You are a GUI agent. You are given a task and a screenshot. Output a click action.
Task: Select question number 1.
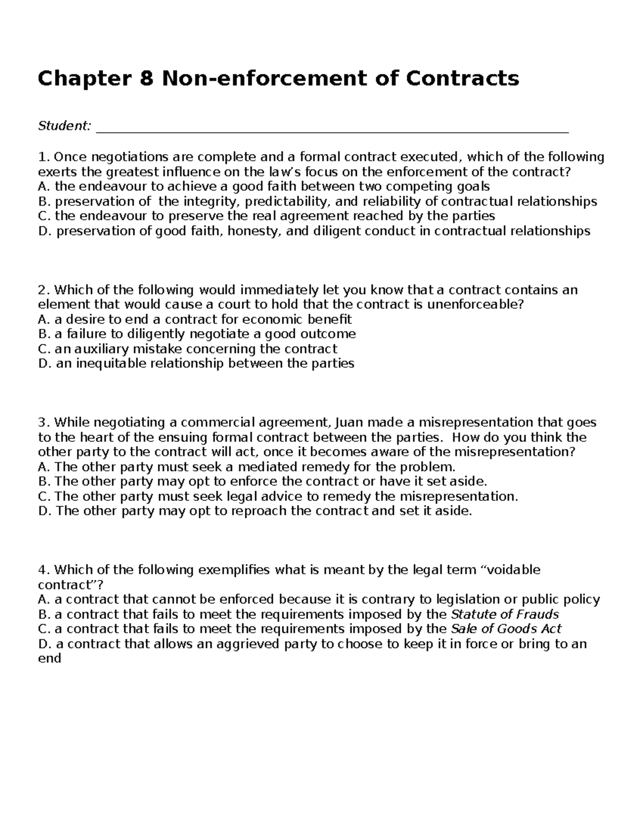pos(43,157)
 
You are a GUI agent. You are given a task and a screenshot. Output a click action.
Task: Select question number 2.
pos(43,290)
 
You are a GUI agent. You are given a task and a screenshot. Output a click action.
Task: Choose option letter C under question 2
pos(43,349)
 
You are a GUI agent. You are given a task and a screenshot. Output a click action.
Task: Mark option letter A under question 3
pos(43,467)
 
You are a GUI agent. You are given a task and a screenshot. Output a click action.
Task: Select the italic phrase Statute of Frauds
pos(505,614)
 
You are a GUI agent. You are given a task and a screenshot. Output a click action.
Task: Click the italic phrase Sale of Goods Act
pos(506,629)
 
